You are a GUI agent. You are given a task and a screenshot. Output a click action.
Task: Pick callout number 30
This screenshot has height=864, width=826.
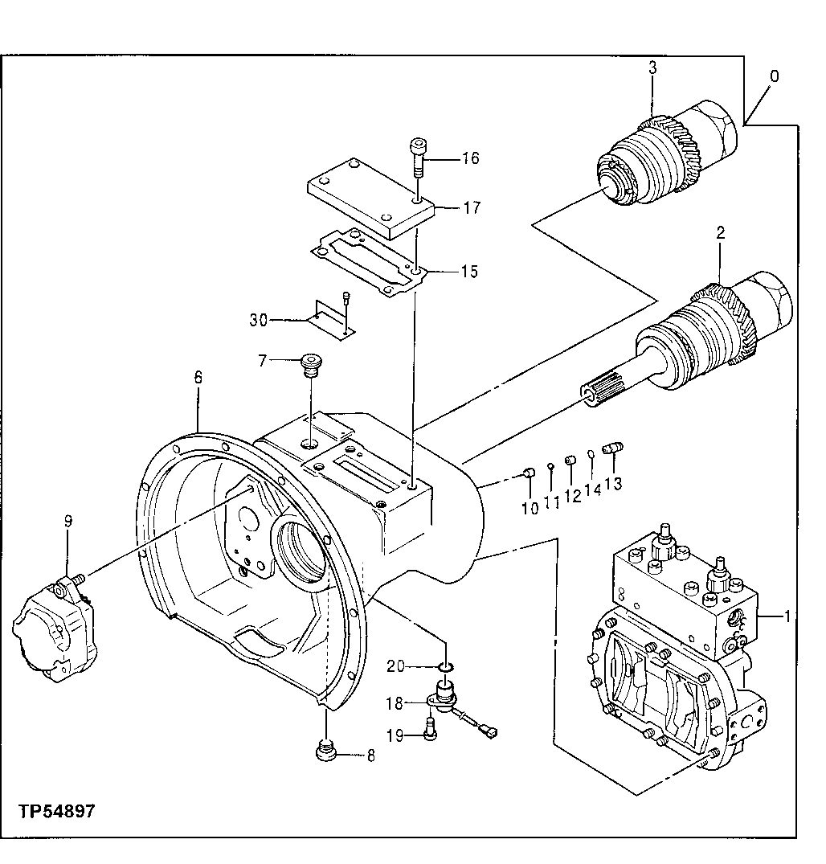point(258,320)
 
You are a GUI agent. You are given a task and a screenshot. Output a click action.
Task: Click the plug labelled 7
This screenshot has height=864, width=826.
point(309,365)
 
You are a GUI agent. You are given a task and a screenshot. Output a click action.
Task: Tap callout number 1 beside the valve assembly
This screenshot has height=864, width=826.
point(788,616)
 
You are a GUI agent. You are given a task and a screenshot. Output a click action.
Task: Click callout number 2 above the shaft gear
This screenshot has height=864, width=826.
point(721,234)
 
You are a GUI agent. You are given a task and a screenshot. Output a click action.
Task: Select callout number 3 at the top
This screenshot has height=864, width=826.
point(652,69)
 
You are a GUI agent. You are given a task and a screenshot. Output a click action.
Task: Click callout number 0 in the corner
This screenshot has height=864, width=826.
point(774,76)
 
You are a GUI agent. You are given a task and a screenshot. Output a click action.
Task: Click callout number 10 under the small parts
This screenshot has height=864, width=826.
point(530,509)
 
